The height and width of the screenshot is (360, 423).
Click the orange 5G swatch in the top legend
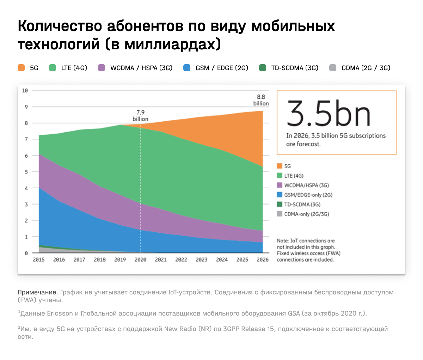[x=22, y=68]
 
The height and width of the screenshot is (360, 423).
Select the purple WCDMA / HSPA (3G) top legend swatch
[x=102, y=68]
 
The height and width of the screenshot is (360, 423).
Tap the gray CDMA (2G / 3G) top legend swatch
[x=333, y=68]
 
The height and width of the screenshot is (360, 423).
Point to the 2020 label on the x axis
[x=140, y=260]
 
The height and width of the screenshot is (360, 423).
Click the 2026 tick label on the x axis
[x=263, y=260]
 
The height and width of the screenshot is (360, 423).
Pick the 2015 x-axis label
[x=38, y=260]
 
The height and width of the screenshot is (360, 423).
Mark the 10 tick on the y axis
[x=25, y=91]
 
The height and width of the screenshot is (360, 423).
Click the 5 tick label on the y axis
[x=26, y=172]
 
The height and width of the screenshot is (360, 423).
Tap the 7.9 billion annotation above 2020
[x=140, y=116]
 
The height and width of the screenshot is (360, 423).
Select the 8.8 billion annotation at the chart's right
[x=261, y=100]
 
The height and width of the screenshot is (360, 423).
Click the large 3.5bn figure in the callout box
[x=329, y=114]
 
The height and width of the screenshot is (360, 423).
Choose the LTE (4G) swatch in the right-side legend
[x=280, y=176]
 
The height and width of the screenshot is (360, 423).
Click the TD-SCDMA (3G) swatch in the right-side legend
[x=280, y=204]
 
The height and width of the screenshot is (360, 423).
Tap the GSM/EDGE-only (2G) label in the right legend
[x=308, y=195]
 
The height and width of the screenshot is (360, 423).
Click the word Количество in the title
[x=60, y=26]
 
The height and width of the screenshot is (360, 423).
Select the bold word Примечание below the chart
[x=37, y=292]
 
